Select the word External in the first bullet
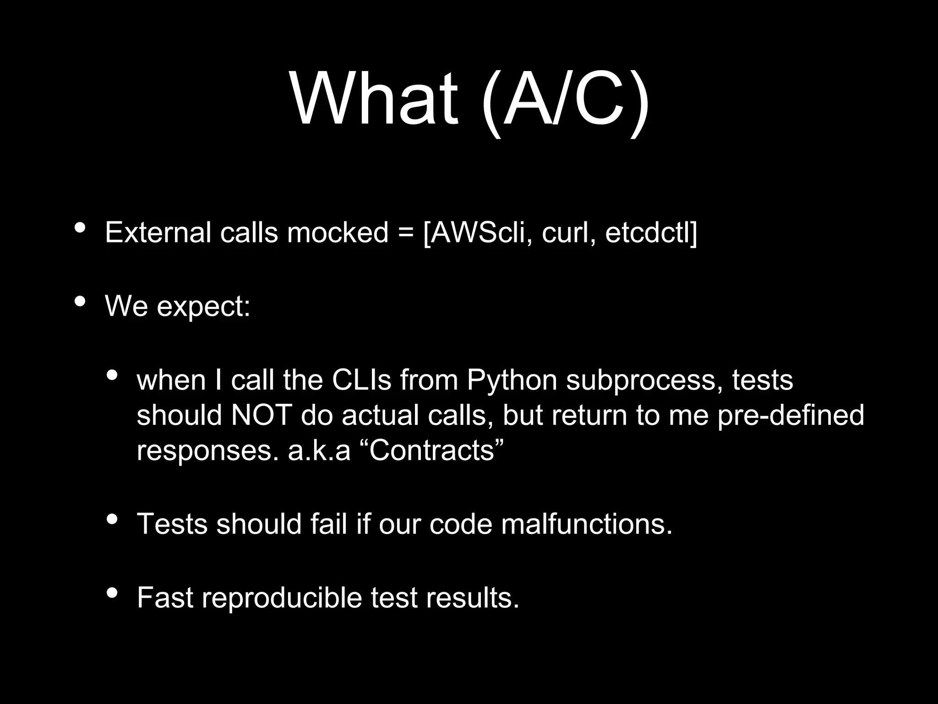[158, 232]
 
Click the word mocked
[338, 232]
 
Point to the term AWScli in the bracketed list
[479, 233]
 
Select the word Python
[512, 381]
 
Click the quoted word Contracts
[431, 451]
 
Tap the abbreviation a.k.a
[319, 451]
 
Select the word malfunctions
[587, 524]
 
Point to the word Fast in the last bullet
[165, 598]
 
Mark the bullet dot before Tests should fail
[112, 519]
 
